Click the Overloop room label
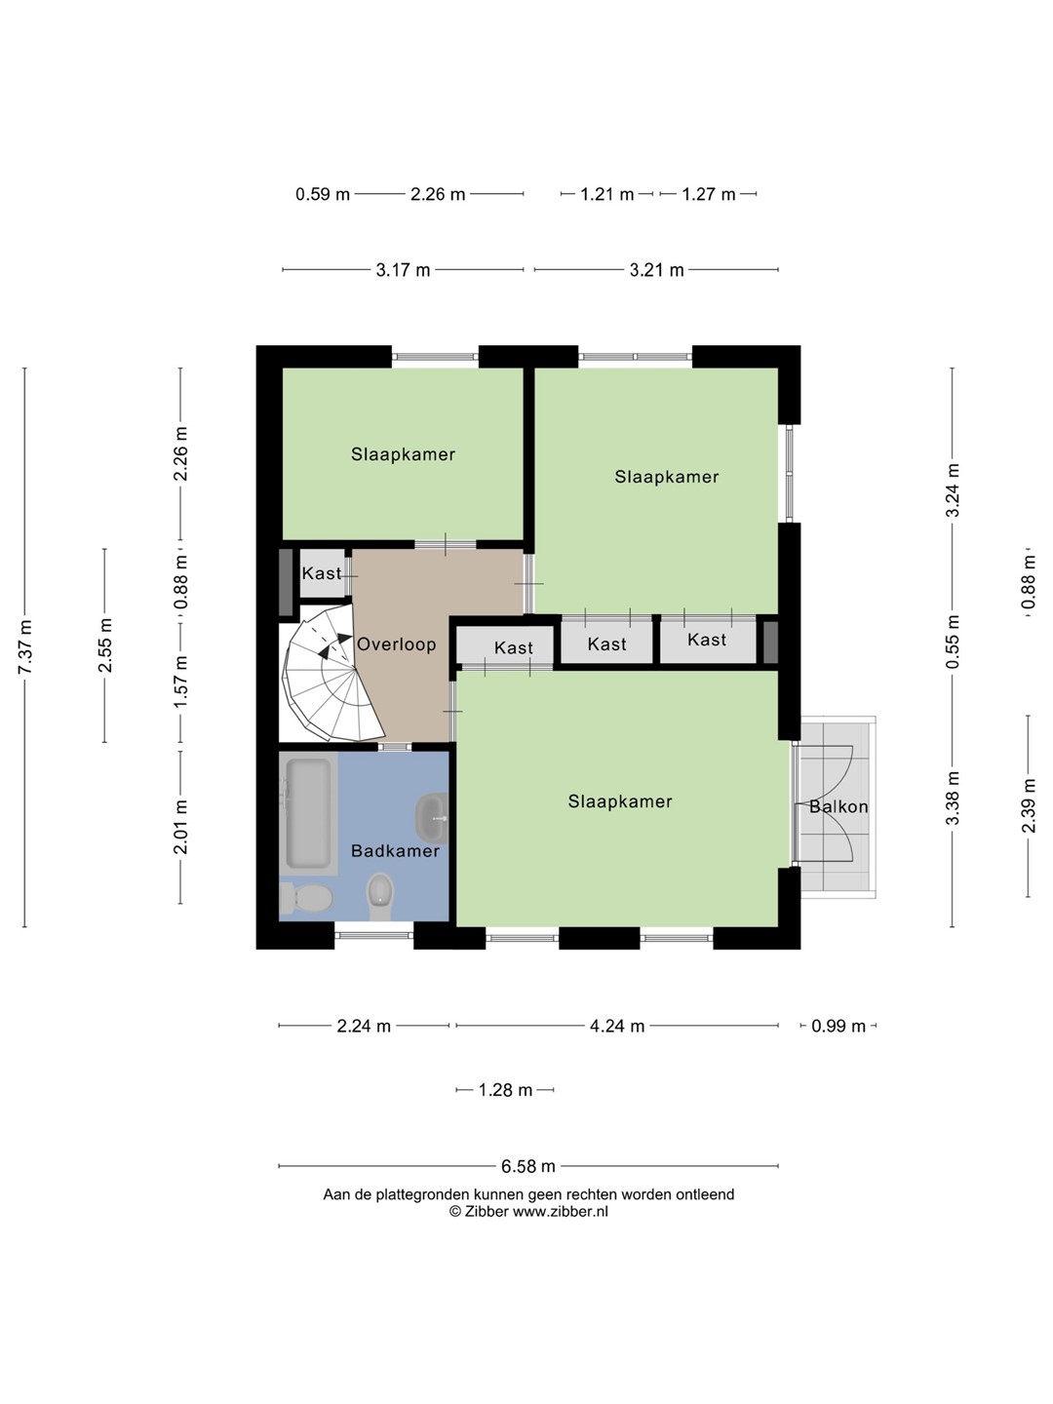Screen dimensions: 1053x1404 [397, 644]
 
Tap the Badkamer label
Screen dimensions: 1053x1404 [395, 851]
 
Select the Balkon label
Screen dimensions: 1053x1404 [838, 806]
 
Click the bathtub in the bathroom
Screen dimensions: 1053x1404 [309, 814]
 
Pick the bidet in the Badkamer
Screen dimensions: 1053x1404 [380, 897]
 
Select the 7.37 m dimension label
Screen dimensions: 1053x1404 [24, 646]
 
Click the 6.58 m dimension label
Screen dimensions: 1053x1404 [528, 1166]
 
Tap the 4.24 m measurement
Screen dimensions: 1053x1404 [617, 1026]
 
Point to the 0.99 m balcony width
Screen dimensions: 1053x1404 [838, 1026]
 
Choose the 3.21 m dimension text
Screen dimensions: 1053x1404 [656, 270]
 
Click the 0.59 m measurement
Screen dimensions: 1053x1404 [322, 194]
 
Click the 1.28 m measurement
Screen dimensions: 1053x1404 [505, 1089]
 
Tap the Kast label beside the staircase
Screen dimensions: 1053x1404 [322, 573]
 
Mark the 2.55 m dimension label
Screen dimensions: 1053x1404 [105, 645]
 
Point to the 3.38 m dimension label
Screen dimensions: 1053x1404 [953, 798]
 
